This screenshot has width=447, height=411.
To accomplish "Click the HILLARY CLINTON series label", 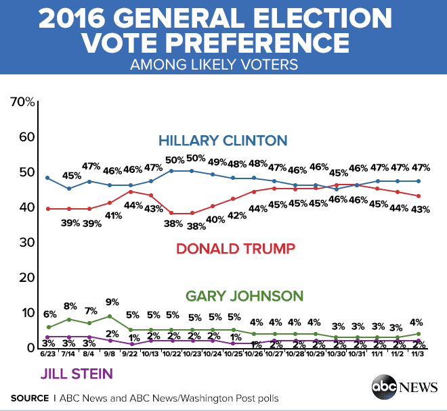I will click(x=223, y=141).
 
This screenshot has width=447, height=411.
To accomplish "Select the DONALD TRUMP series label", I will click(x=235, y=248).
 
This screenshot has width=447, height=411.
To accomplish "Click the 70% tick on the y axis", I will click(x=23, y=102).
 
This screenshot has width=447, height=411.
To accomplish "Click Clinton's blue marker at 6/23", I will click(x=47, y=178).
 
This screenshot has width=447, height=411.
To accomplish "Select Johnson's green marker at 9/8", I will click(x=110, y=316).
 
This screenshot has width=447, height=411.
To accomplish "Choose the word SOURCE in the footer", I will click(x=29, y=397).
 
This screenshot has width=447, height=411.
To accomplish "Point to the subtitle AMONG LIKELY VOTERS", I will click(x=223, y=66).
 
